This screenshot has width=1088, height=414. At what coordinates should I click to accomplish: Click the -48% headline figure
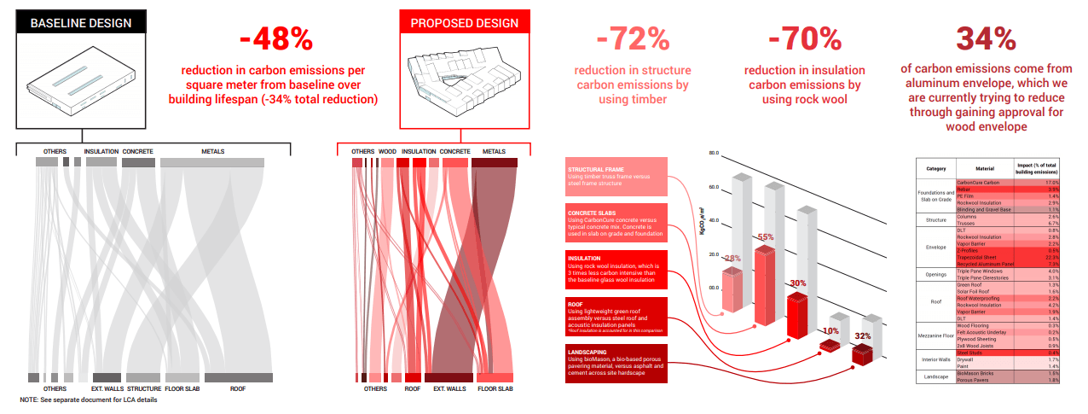(276, 39)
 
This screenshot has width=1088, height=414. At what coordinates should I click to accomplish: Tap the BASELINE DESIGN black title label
(81, 23)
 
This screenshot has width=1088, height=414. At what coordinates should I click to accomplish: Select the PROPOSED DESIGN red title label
(465, 23)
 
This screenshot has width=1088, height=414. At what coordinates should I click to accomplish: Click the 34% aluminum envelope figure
(985, 39)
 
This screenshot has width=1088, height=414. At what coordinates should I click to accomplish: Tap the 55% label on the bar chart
(765, 237)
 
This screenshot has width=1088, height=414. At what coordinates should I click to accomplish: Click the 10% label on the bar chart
(831, 330)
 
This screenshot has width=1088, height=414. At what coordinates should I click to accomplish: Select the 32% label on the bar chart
(862, 336)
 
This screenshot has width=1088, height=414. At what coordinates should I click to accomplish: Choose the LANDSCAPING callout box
(615, 364)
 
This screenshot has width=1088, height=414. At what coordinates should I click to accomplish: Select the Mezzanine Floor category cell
(936, 337)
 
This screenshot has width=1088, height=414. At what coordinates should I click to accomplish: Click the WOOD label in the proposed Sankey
(387, 151)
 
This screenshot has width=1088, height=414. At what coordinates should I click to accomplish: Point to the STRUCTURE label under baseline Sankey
(143, 389)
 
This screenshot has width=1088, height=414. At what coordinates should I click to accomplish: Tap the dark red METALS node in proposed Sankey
(495, 162)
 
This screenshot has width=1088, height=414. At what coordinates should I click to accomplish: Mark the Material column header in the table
(985, 168)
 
